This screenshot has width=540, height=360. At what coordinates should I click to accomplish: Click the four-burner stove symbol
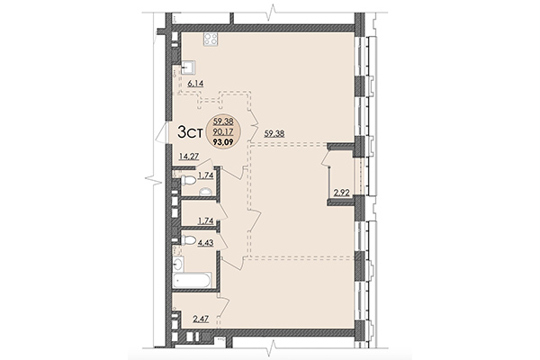[212, 39]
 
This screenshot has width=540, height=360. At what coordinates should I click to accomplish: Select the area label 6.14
[197, 83]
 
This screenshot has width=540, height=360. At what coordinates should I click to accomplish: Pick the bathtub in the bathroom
[193, 281]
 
